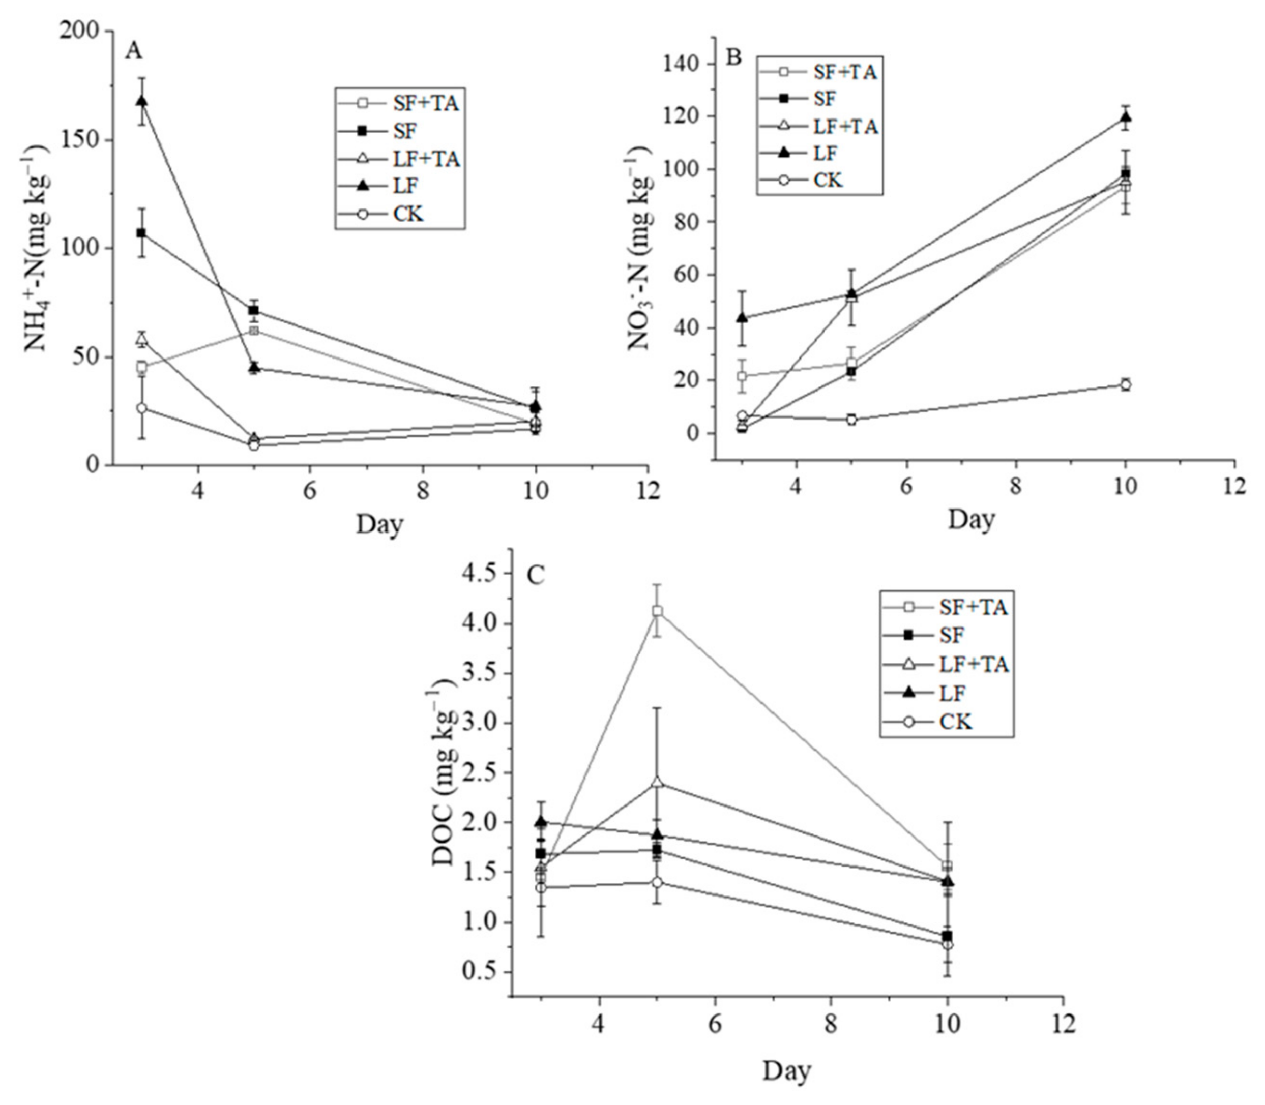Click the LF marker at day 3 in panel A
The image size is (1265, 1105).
pyautogui.click(x=141, y=101)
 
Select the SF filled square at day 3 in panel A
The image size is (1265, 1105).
pyautogui.click(x=141, y=233)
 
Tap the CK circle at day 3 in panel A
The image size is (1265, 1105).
pyautogui.click(x=141, y=408)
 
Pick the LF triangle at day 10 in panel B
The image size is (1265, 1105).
pyautogui.click(x=1126, y=117)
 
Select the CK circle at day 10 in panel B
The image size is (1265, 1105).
pyautogui.click(x=1126, y=385)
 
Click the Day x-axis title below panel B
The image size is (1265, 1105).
pyautogui.click(x=972, y=519)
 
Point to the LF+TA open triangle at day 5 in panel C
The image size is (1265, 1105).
pyautogui.click(x=658, y=782)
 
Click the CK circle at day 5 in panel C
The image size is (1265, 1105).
pyautogui.click(x=658, y=882)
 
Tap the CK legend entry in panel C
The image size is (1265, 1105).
pyautogui.click(x=955, y=722)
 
